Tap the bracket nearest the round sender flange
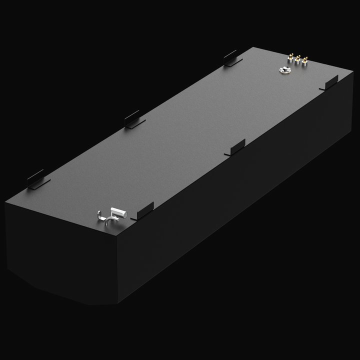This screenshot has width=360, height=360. click(x=329, y=83)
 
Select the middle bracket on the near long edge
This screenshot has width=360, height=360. click(x=235, y=147)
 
